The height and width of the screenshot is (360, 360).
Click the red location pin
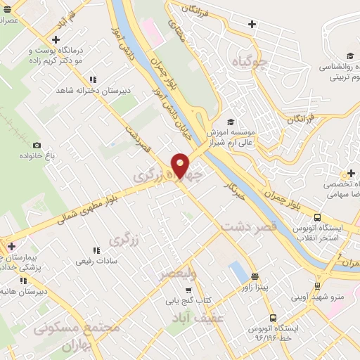pyautogui.click(x=181, y=165)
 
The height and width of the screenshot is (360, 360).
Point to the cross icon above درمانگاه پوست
pyautogui.click(x=56, y=39)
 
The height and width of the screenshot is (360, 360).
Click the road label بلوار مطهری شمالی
pyautogui.click(x=84, y=212)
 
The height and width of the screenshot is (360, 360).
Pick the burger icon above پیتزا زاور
pyautogui.click(x=254, y=276)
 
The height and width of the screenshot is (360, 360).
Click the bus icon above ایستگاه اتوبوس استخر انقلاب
pyautogui.click(x=317, y=217)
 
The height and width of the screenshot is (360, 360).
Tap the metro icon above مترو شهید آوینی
pyautogui.click(x=317, y=286)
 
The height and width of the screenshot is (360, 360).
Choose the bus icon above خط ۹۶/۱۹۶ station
pyautogui.click(x=274, y=318)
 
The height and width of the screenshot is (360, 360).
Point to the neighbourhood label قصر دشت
pyautogui.click(x=249, y=227)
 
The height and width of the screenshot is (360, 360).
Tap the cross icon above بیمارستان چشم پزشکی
pyautogui.click(x=11, y=246)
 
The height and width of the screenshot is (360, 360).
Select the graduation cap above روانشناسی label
pyautogui.click(x=349, y=57)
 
